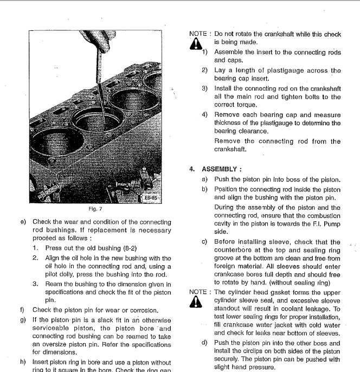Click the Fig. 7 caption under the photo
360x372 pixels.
pyautogui.click(x=96, y=208)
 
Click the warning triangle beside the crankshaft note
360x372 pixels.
pyautogui.click(x=196, y=46)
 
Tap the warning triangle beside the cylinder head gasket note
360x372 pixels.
pyautogui.click(x=196, y=304)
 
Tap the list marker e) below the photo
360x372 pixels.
pyautogui.click(x=23, y=222)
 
